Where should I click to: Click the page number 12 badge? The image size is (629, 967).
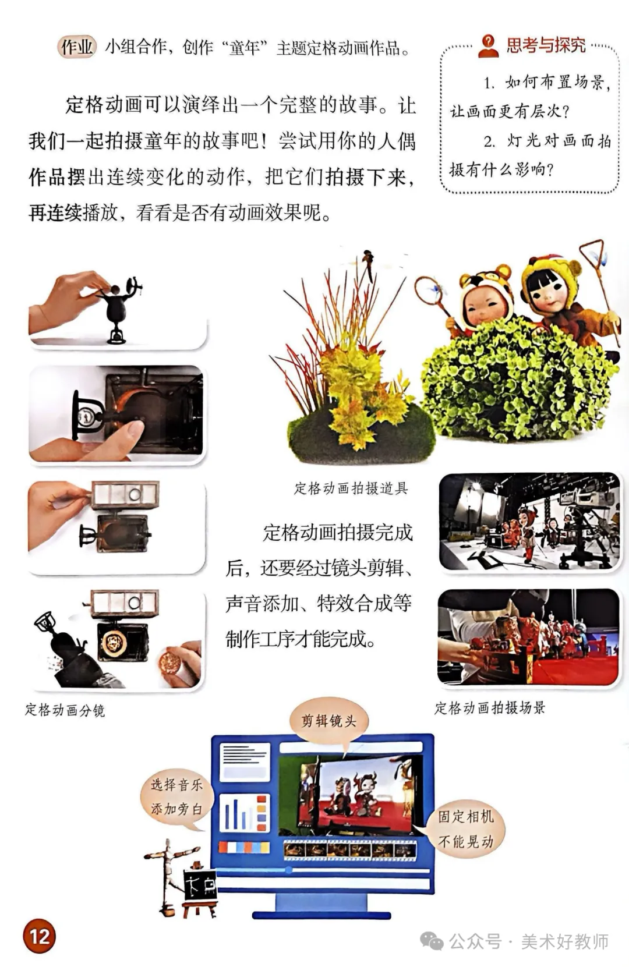point(40,936)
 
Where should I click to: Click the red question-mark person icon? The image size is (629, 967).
point(489,46)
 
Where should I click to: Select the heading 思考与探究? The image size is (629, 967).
point(546,45)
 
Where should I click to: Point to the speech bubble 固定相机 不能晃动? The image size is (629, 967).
point(465,829)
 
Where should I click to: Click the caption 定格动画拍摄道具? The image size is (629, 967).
point(351,488)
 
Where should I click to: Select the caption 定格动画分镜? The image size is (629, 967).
point(65,710)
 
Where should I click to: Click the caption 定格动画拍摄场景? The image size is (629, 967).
point(490,707)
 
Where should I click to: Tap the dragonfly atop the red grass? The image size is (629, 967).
point(368,262)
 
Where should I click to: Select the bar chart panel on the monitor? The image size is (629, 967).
point(245,813)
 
